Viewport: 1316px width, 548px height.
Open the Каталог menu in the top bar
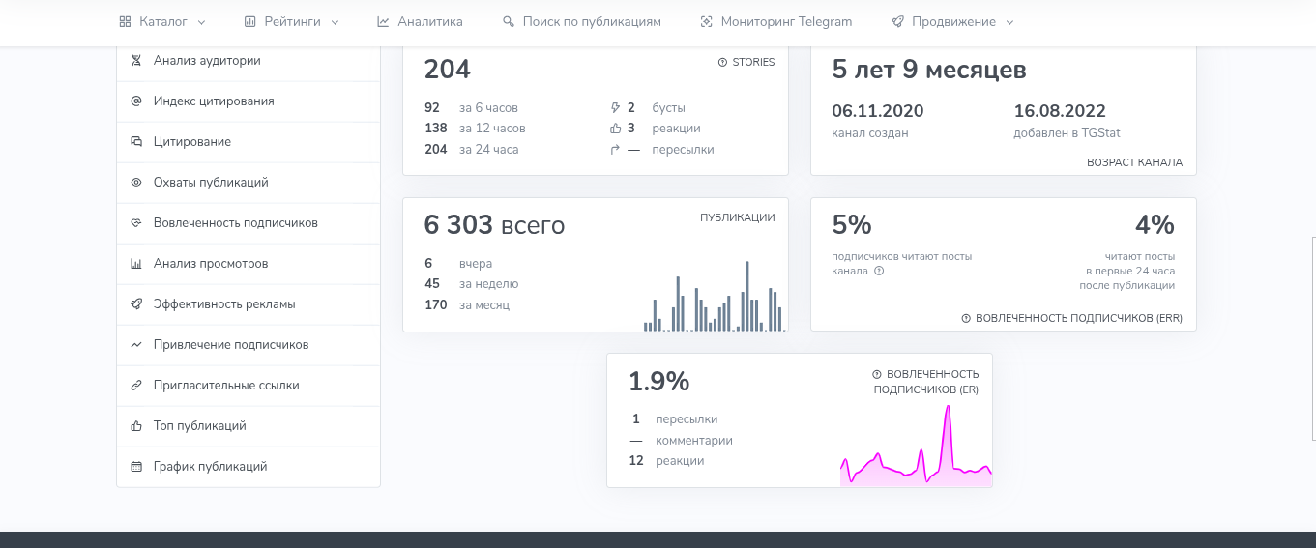click(x=162, y=21)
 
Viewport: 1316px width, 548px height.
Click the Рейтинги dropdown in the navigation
click(x=291, y=21)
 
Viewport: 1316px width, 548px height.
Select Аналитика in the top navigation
click(x=420, y=21)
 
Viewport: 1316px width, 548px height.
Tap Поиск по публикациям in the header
click(x=582, y=21)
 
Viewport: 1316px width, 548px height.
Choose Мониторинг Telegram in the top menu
click(x=776, y=21)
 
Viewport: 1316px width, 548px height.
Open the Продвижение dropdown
click(x=953, y=21)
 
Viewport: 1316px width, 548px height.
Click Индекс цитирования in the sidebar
click(x=214, y=101)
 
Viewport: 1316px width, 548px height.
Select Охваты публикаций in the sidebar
click(x=211, y=182)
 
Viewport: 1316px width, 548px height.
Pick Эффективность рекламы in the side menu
click(x=223, y=303)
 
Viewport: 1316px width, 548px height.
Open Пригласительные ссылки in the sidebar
click(x=226, y=386)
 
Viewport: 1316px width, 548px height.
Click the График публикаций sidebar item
click(x=210, y=467)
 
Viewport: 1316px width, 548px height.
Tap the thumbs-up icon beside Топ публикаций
click(x=136, y=426)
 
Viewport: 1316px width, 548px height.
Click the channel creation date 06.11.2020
click(x=878, y=111)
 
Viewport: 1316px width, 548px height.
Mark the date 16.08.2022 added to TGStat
click(x=1060, y=111)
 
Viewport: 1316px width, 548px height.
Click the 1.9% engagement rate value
click(x=658, y=381)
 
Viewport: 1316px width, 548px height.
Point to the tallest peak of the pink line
click(x=948, y=407)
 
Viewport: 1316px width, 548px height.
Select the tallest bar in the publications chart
click(x=747, y=296)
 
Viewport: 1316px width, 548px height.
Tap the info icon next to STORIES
click(x=722, y=62)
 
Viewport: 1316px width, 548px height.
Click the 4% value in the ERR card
click(x=1155, y=225)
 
